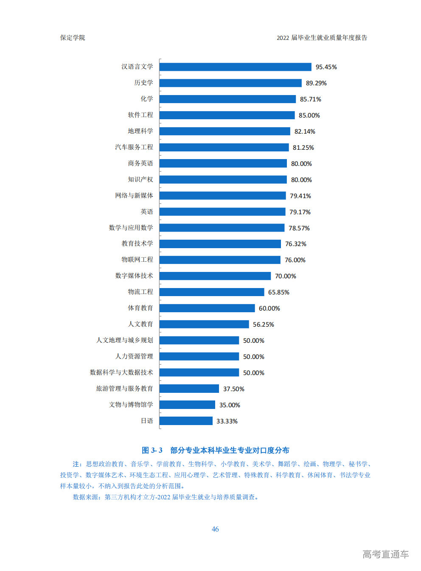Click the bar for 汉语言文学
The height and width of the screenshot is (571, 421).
236,67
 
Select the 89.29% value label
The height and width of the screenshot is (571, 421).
316,83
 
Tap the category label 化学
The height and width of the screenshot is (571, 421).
147,99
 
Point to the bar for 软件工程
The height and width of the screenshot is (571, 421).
227,115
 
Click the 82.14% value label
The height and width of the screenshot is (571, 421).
305,132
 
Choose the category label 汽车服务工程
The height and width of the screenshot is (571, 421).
134,147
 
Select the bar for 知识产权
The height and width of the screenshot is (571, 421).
223,180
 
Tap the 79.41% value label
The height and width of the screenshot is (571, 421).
300,196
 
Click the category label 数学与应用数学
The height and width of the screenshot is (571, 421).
131,228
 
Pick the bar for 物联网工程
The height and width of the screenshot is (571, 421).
220,260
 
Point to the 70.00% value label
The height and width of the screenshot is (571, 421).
286,276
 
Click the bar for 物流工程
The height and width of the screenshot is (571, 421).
212,292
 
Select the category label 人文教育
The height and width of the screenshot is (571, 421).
140,324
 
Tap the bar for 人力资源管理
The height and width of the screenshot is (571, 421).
199,357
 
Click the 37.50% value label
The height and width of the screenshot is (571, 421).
234,389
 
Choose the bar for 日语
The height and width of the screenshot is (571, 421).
186,421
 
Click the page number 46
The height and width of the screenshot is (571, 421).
215,529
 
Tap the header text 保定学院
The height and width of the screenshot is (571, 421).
73,38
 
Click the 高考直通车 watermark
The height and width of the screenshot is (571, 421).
385,554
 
